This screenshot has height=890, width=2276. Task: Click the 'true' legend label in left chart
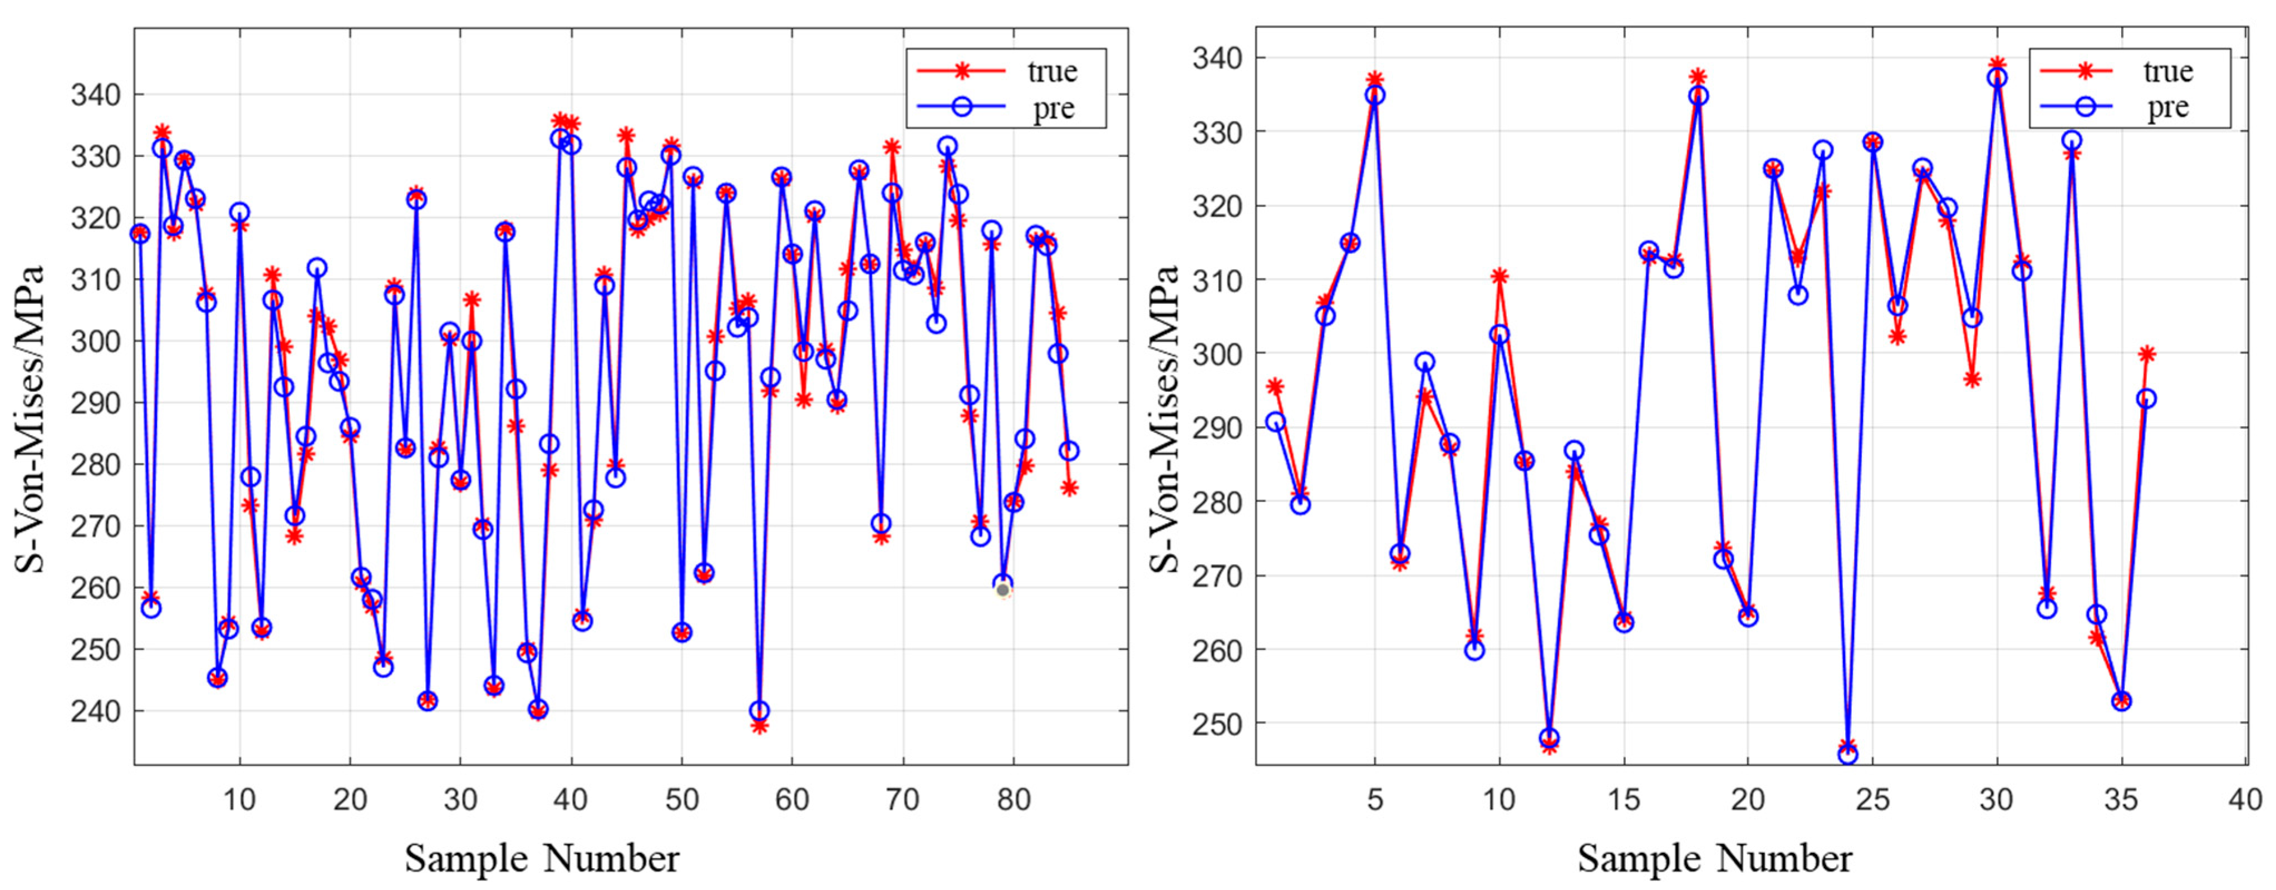coord(1051,71)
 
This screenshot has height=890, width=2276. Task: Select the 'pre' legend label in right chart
coord(2167,107)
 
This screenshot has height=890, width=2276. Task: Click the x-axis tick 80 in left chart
coord(1014,800)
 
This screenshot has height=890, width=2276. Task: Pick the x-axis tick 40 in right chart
coord(2245,800)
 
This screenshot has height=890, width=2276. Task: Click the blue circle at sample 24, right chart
coord(1847,755)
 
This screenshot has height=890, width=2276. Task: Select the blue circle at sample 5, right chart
coord(1375,95)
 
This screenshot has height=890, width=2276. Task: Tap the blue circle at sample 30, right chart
coord(1997,78)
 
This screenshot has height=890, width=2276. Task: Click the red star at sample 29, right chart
coord(1972,379)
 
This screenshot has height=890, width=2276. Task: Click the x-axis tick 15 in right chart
coord(1623,800)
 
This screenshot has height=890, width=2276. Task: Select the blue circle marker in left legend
coord(961,107)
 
